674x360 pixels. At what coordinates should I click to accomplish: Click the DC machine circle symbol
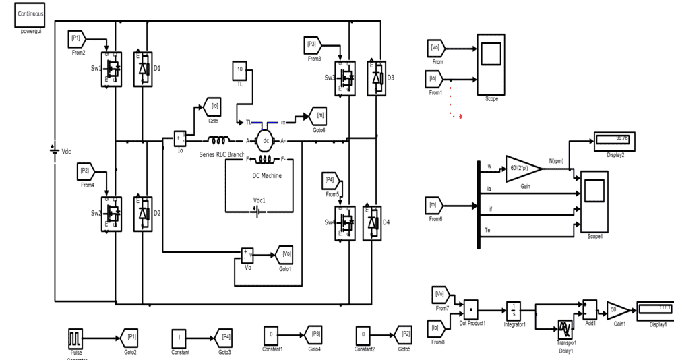[266, 140]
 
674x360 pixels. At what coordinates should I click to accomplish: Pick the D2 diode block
[143, 213]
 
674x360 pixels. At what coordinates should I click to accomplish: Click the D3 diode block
[375, 78]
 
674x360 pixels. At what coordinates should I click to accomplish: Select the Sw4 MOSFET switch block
[346, 220]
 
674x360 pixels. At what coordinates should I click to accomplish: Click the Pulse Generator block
[75, 337]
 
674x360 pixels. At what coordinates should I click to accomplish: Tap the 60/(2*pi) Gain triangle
[521, 167]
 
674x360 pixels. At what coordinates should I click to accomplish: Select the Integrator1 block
[514, 311]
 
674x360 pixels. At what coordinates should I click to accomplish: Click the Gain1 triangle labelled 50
[617, 311]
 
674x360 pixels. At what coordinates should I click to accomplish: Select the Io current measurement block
[180, 138]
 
